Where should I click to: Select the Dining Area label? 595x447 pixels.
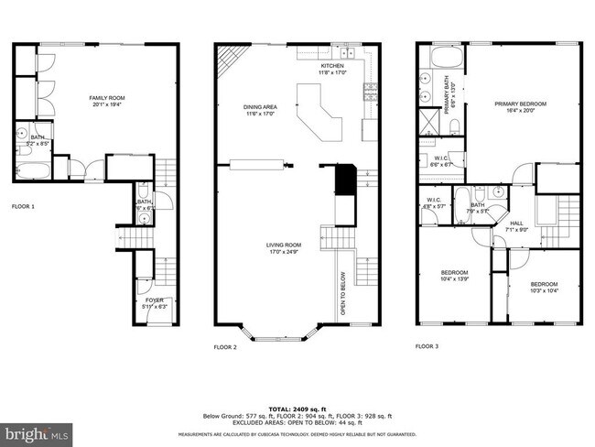(x=259, y=111)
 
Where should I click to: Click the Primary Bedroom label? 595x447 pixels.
(x=520, y=107)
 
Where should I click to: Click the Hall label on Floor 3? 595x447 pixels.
(x=516, y=225)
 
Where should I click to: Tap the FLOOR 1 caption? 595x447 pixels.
(x=23, y=207)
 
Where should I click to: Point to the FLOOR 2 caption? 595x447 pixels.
(x=225, y=347)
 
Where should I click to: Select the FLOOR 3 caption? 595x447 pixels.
(x=427, y=346)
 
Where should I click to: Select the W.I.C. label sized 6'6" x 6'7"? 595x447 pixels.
(x=442, y=161)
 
